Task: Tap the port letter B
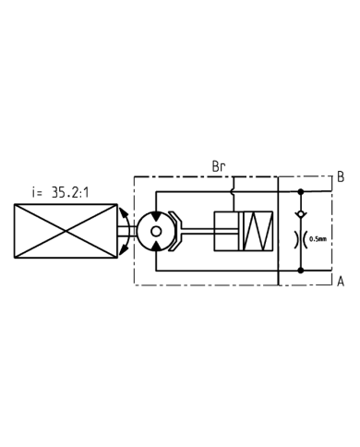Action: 340,176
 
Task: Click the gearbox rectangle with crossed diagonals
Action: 66,231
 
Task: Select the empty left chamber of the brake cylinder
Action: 225,231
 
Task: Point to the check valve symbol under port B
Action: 301,214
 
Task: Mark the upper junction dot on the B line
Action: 301,192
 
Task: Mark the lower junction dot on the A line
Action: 301,270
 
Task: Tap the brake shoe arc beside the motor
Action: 178,231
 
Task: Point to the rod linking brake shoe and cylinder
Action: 198,231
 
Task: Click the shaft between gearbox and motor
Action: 128,231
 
